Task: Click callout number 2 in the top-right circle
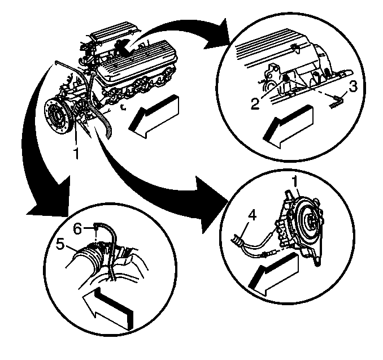[255, 105]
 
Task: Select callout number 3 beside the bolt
[352, 87]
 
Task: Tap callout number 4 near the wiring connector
[253, 215]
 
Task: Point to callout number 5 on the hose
[60, 244]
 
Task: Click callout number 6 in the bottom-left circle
[78, 229]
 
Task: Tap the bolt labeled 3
[337, 103]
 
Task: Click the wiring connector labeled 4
[237, 240]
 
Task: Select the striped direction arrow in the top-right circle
[288, 127]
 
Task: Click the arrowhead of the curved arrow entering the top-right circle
[217, 36]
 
